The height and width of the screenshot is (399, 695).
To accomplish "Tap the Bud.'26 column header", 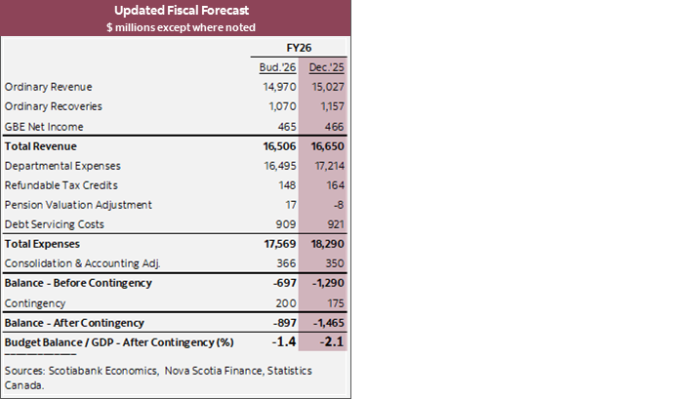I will (279, 66).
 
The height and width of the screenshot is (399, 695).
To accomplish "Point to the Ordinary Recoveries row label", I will (54, 105).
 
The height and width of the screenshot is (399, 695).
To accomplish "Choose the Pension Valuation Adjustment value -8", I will (336, 205).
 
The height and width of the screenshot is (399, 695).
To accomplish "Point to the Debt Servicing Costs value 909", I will (285, 223).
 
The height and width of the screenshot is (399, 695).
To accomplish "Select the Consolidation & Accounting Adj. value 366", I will (285, 263).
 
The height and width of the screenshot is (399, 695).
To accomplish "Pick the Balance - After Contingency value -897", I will (282, 322).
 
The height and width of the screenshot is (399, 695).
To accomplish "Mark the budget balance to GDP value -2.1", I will (329, 341).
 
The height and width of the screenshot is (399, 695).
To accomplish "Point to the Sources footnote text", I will (146, 378).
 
